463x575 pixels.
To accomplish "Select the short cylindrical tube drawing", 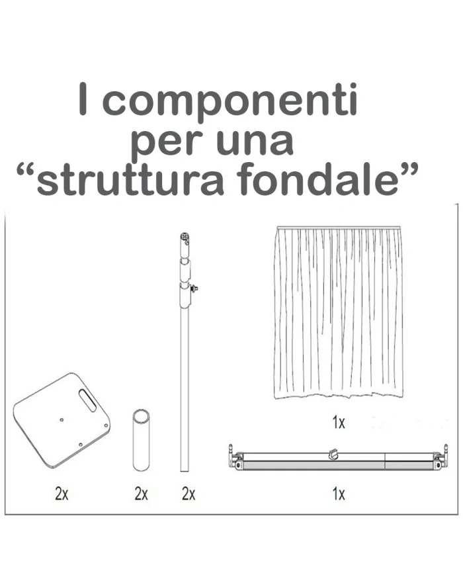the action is (x=141, y=439).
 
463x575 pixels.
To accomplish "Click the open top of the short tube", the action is (x=141, y=415).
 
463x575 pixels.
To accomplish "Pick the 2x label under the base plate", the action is (x=62, y=494).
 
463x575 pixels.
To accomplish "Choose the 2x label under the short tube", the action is (x=141, y=494).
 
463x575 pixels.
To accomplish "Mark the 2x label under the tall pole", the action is (x=189, y=494).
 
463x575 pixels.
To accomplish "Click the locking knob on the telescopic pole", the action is (x=194, y=288).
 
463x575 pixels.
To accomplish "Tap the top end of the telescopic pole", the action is (x=185, y=237).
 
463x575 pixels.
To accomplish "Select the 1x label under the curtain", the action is (x=339, y=422).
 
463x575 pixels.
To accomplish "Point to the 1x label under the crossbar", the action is (x=339, y=494).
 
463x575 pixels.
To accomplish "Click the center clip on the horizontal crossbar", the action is (x=333, y=455).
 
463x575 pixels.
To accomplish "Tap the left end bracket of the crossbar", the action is (x=235, y=458).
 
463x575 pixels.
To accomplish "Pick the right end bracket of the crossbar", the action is (x=441, y=458).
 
